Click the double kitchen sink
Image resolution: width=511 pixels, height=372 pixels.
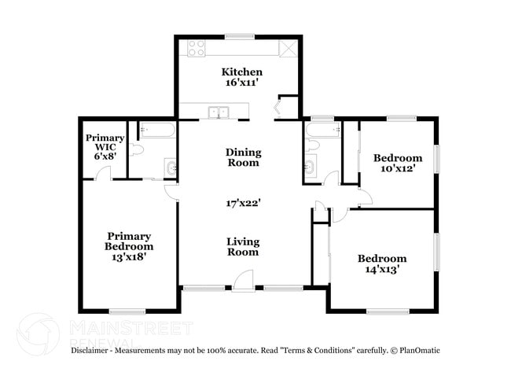pyautogui.click(x=217, y=112)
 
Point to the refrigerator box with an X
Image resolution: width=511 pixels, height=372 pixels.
pyautogui.click(x=289, y=48)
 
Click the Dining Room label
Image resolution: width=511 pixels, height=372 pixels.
pyautogui.click(x=243, y=157)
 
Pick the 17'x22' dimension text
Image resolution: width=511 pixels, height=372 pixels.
pyautogui.click(x=243, y=202)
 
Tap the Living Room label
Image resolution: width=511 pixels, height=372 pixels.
pyautogui.click(x=243, y=247)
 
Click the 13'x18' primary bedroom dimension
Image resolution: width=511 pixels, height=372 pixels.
pyautogui.click(x=130, y=256)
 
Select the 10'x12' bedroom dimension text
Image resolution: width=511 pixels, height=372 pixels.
pyautogui.click(x=397, y=168)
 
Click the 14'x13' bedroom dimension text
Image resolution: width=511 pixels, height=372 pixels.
pyautogui.click(x=382, y=270)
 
